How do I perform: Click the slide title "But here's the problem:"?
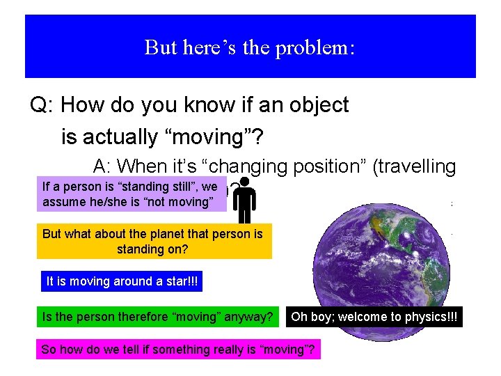click(250, 47)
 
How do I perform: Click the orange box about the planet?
click(154, 241)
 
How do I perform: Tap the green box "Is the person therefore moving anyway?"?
click(158, 317)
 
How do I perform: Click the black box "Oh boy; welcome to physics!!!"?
click(374, 317)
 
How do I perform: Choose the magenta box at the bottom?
click(178, 350)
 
